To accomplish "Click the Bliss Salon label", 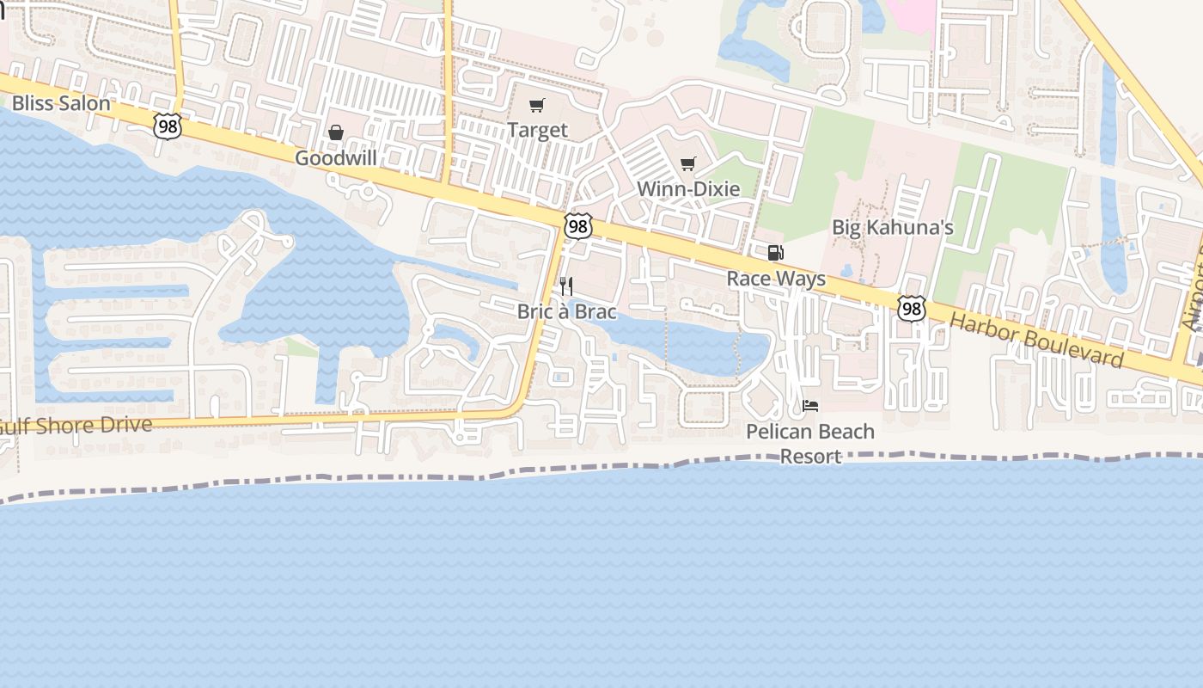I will tap(61, 104).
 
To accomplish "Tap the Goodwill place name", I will tap(337, 158).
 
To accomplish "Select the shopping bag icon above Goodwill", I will tap(336, 132).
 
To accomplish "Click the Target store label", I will tap(537, 130).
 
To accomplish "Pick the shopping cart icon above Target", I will tap(537, 106).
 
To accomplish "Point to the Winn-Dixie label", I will tap(688, 188).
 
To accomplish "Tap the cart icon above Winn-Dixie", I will tap(688, 163).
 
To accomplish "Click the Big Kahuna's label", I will tap(893, 228).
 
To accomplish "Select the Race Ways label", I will tap(776, 278).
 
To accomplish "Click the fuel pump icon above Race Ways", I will tap(775, 253).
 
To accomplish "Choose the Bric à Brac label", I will tap(567, 311).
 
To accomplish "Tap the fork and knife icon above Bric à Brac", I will tap(566, 286).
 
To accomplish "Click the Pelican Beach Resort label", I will tap(810, 443).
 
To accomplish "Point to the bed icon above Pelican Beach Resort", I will tap(810, 406).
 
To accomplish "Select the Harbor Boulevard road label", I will tap(1037, 339).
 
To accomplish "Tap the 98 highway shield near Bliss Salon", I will tap(168, 126).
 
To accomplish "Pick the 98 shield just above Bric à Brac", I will tap(578, 226).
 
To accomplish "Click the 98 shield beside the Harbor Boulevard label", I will tap(912, 309).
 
